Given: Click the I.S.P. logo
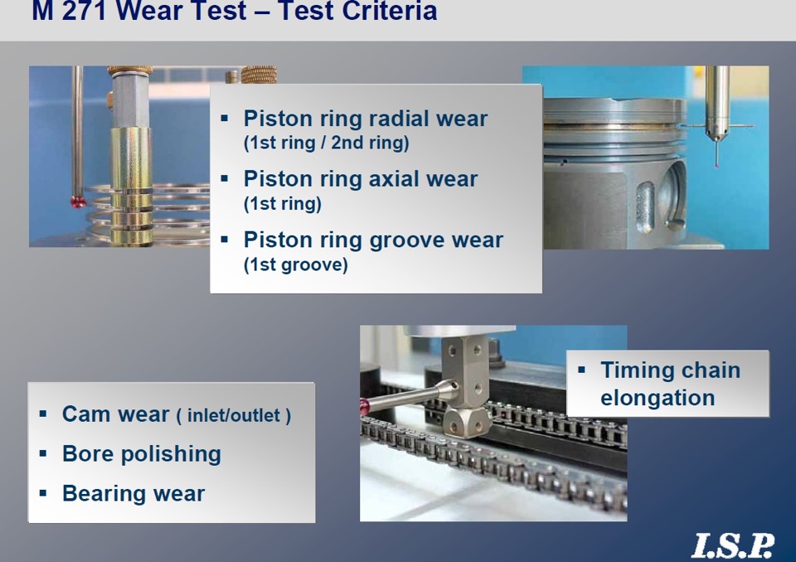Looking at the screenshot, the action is [x=732, y=545].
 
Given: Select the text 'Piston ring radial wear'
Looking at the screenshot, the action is [x=366, y=119].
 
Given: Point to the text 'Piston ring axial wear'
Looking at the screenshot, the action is [x=361, y=179].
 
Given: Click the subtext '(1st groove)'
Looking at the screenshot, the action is [x=296, y=264].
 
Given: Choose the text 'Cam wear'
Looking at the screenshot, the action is [x=116, y=414].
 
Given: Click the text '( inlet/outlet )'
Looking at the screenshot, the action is [x=234, y=416].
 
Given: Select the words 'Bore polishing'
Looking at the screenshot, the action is [x=142, y=454].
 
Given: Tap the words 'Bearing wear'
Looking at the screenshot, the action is [x=133, y=493].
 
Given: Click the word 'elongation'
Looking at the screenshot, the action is [x=658, y=398].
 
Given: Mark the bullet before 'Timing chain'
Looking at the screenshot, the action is [x=582, y=370].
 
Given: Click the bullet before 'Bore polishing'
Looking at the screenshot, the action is [x=42, y=453].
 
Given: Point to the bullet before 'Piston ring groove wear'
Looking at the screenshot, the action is [x=225, y=239].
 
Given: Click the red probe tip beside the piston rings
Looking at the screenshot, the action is [x=79, y=202].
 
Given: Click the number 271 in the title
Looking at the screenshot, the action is [x=85, y=10].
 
